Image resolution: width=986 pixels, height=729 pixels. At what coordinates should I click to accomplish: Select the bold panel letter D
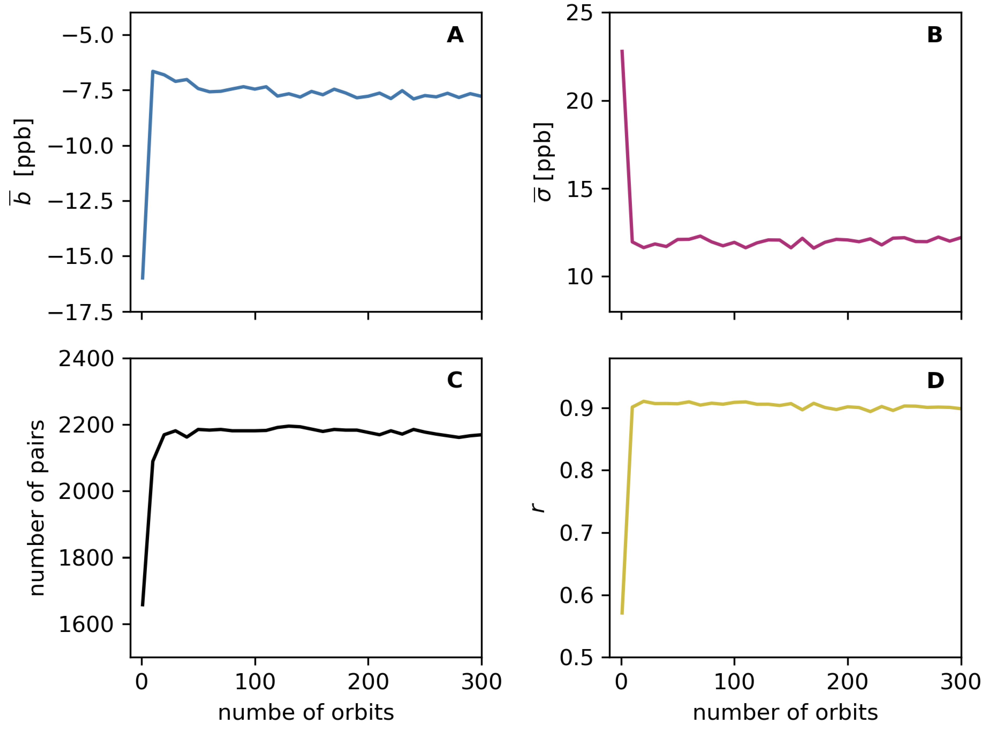pyautogui.click(x=935, y=380)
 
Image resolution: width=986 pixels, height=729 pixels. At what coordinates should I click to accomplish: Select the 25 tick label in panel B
pyautogui.click(x=579, y=13)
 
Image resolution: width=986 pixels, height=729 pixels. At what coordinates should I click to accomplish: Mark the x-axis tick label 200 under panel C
pyautogui.click(x=368, y=682)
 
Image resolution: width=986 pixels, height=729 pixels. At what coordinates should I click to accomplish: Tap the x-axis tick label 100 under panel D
pyautogui.click(x=734, y=682)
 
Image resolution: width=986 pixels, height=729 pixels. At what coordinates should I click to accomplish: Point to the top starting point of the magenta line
pyautogui.click(x=622, y=51)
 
